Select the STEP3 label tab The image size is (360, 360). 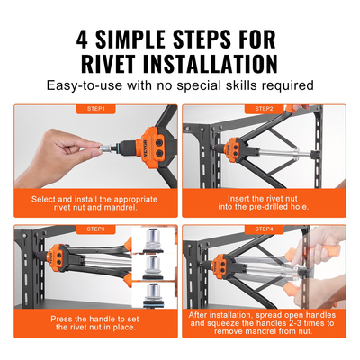[95, 229]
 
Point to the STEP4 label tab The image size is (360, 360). [264, 229]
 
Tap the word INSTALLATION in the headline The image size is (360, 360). [219, 64]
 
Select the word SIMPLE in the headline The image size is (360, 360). [139, 39]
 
